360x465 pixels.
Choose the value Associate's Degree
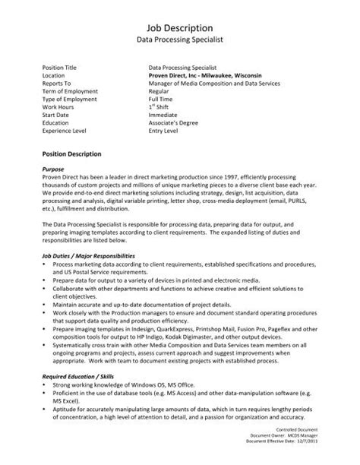172,122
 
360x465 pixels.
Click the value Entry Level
163,131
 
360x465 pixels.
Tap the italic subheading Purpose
54,169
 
